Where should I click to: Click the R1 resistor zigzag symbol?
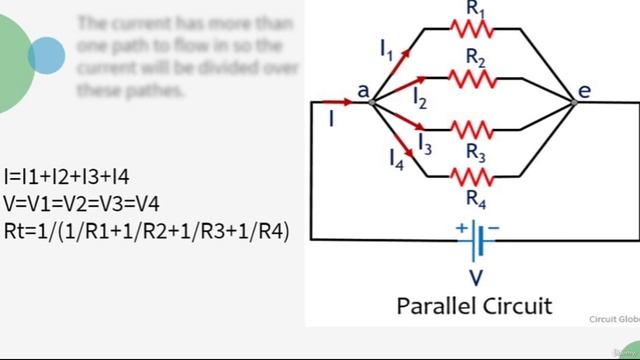[x=474, y=30]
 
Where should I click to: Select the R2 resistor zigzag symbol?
[x=474, y=78]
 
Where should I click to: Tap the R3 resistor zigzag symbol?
[x=474, y=130]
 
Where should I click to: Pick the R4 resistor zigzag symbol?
[x=474, y=177]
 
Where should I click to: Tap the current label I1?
[x=386, y=48]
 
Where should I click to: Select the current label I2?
[x=420, y=97]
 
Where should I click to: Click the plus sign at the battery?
[x=461, y=228]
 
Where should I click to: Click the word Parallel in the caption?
[x=438, y=304]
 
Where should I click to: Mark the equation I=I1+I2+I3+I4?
[x=67, y=177]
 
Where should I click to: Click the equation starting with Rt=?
[x=146, y=231]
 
